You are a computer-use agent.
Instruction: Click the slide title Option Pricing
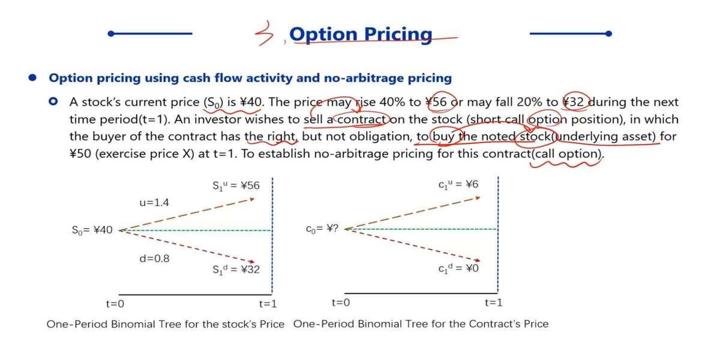361,34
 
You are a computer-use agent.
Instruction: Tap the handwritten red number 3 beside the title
264,34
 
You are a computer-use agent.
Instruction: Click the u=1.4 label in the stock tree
154,203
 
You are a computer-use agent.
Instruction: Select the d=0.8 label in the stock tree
154,259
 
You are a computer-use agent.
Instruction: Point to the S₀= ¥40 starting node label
92,230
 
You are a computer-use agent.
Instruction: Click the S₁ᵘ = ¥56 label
236,186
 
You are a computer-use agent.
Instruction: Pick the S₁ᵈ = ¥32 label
236,269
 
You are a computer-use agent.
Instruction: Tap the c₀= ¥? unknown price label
322,229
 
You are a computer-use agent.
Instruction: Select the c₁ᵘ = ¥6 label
458,185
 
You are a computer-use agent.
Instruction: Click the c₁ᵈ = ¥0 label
458,268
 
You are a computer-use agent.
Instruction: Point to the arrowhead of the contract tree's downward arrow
478,260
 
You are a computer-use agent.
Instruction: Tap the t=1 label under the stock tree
268,304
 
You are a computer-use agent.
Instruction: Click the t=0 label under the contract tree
341,302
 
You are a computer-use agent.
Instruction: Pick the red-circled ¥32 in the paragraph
574,102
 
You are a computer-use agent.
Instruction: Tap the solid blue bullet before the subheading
32,77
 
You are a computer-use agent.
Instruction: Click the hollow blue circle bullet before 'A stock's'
53,101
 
